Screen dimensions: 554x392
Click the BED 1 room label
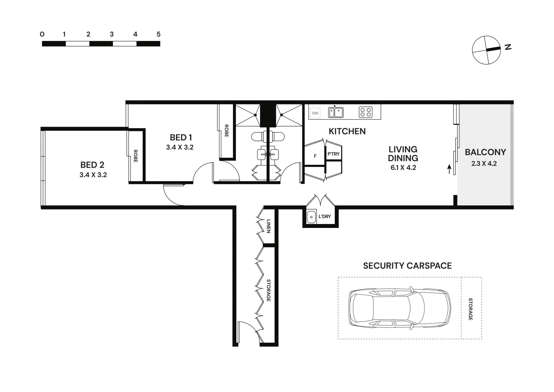[x=181, y=138]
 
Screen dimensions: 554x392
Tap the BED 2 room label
[x=92, y=165]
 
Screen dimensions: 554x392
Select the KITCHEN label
[x=347, y=131]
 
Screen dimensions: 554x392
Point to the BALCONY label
[x=485, y=152]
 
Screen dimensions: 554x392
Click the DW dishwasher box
[x=315, y=113]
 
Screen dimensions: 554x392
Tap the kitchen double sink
[x=336, y=113]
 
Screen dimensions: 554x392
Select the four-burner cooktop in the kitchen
[x=365, y=112]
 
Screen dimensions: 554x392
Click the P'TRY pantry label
[x=333, y=154]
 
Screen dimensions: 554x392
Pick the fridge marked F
[x=315, y=156]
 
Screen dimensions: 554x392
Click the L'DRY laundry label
[x=325, y=217]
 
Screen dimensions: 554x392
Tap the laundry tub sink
[x=311, y=217]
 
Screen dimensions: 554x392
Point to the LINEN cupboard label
[x=268, y=226]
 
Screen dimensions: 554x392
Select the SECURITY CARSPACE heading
[x=407, y=266]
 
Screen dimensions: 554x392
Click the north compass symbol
[x=487, y=50]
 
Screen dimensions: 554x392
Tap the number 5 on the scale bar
[x=158, y=34]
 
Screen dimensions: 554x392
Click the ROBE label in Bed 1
[x=226, y=131]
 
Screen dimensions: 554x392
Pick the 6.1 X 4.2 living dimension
[x=403, y=168]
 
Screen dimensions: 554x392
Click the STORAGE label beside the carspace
[x=471, y=309]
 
